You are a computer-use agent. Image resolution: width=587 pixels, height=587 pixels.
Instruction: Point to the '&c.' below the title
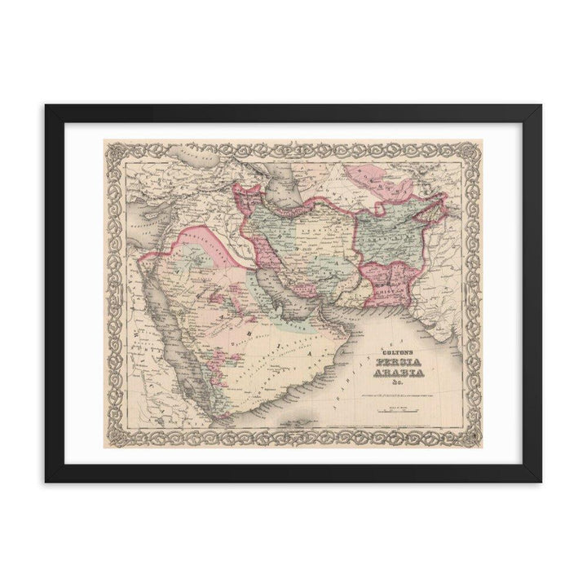click(395, 384)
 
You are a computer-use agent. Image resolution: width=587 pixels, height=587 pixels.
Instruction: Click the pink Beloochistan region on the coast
click(391, 281)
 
